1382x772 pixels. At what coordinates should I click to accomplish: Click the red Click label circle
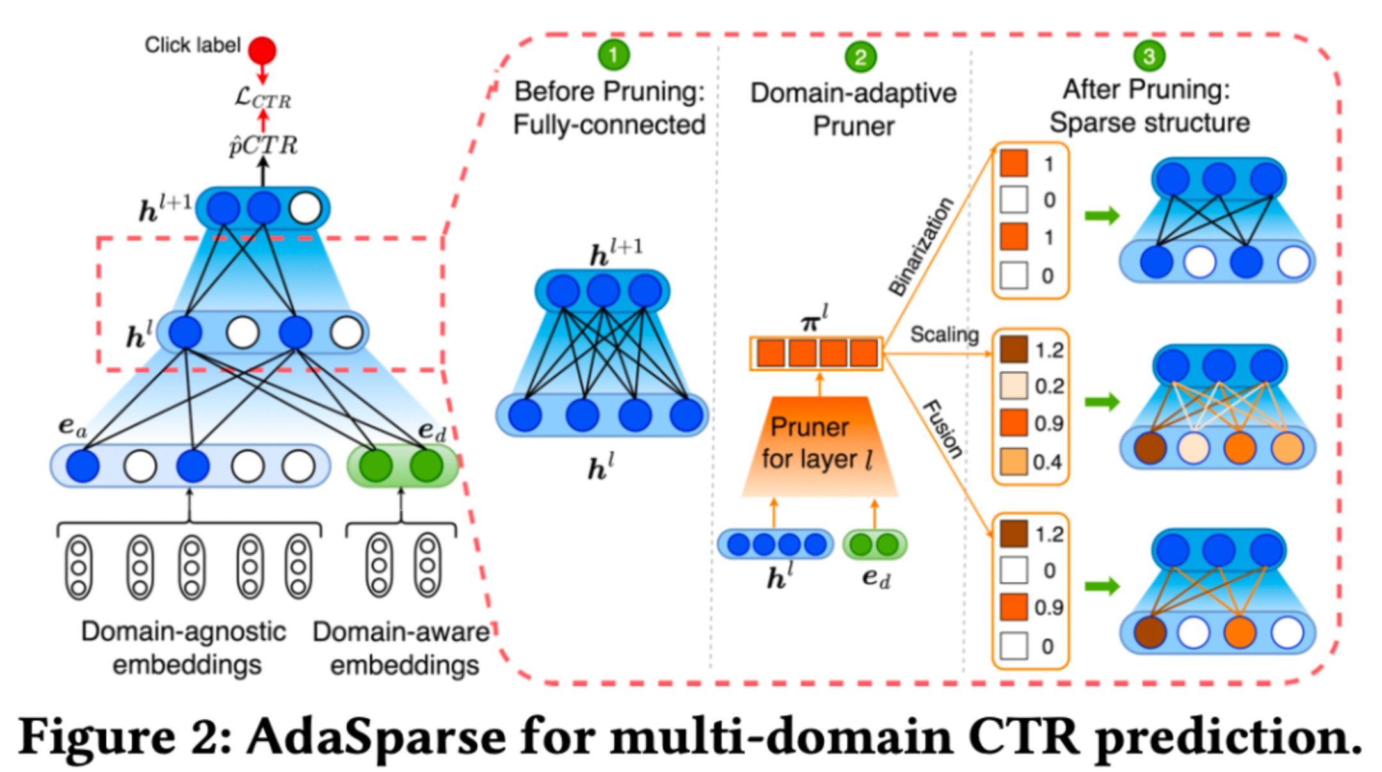point(262,50)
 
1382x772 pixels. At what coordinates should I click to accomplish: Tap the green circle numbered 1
point(614,55)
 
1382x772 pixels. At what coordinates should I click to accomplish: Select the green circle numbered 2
point(860,57)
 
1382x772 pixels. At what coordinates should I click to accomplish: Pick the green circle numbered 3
point(1149,56)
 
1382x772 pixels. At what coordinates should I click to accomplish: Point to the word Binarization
point(921,246)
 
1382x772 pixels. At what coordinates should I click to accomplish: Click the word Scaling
point(944,334)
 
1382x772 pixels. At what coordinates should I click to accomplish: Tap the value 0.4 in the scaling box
point(1047,462)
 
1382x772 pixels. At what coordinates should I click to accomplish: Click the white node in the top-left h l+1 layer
point(305,209)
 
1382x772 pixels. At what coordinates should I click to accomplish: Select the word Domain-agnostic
point(184,632)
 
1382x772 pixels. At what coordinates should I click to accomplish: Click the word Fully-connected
point(609,125)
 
